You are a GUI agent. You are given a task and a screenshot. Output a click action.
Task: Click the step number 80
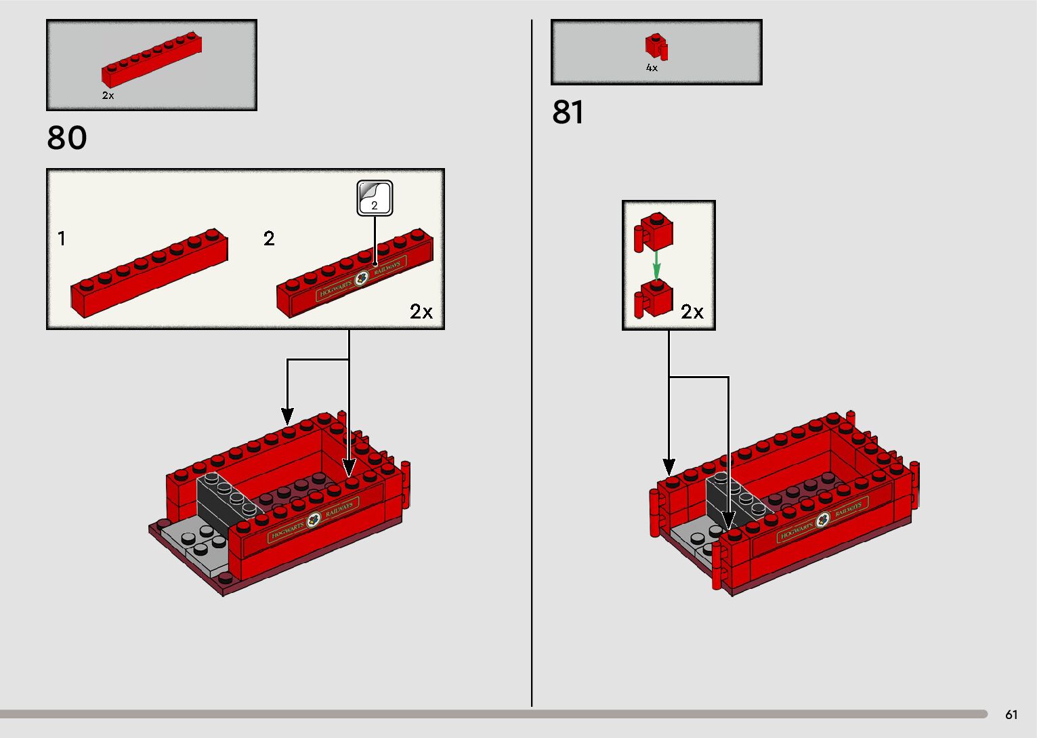(67, 138)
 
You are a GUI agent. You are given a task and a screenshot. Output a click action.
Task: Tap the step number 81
(568, 112)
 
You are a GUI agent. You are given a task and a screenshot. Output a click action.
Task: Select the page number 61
(1011, 714)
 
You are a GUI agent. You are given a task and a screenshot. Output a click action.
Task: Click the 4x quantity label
(652, 68)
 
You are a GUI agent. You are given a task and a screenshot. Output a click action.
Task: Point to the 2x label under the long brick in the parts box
(108, 96)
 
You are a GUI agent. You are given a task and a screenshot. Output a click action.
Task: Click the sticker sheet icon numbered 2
(375, 198)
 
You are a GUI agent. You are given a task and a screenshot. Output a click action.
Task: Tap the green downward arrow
(656, 264)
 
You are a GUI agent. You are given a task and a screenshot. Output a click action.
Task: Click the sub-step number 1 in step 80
(62, 239)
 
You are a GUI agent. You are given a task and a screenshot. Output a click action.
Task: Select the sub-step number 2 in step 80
(269, 239)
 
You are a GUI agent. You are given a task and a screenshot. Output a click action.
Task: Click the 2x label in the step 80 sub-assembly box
(421, 312)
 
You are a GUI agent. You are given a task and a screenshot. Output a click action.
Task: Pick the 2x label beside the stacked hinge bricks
(692, 312)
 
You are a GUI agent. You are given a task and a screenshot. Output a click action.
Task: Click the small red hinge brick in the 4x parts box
(656, 47)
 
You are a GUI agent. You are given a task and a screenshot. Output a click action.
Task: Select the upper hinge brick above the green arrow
(654, 231)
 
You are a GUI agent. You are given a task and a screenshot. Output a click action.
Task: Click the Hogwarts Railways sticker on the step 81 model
(822, 520)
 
